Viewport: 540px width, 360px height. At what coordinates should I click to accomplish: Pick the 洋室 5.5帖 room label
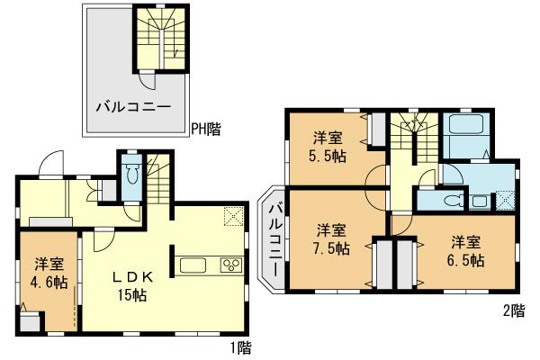[x=327, y=146]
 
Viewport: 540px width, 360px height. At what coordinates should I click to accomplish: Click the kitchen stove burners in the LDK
[x=230, y=265]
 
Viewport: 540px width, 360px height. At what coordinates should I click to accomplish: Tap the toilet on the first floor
[x=131, y=174]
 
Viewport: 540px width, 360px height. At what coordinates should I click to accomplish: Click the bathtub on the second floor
[x=464, y=133]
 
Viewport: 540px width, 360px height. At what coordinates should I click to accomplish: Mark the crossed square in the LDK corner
[x=234, y=215]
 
